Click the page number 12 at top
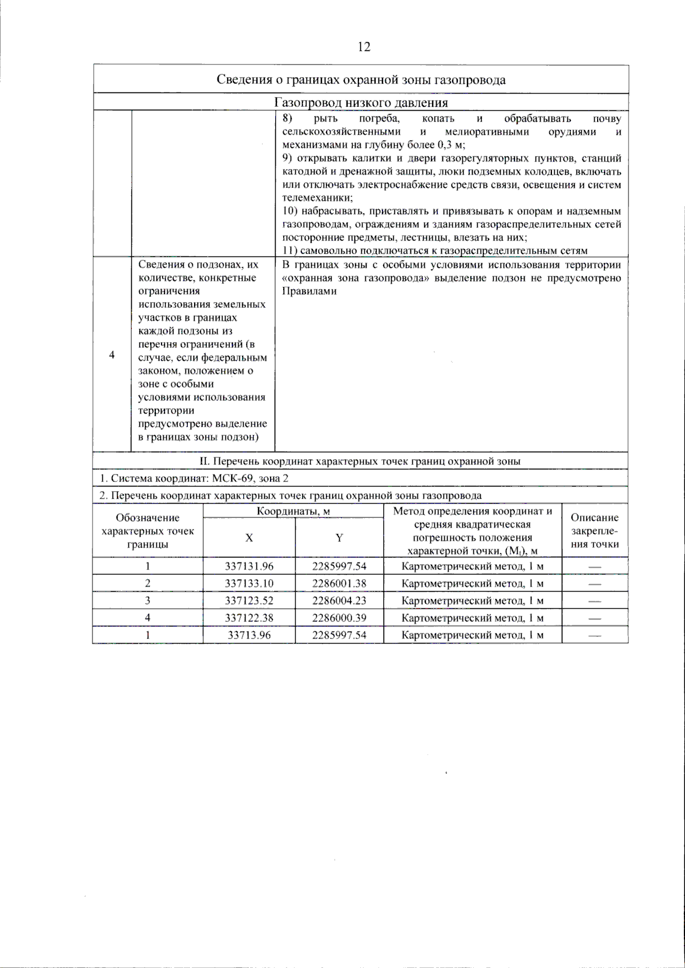point(364,47)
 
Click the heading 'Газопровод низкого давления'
point(361,103)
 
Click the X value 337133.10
point(249,583)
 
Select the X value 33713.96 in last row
point(249,634)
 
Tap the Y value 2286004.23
point(339,600)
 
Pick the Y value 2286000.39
point(339,617)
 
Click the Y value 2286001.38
point(339,583)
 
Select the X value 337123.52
point(249,600)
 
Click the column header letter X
point(249,537)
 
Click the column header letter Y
point(339,537)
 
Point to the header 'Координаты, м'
point(293,511)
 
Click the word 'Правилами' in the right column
point(309,291)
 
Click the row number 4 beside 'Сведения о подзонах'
point(112,355)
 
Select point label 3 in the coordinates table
point(147,600)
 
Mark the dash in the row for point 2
point(595,584)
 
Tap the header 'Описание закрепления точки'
point(595,531)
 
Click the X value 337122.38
point(249,617)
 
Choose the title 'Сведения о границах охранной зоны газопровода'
point(361,79)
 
